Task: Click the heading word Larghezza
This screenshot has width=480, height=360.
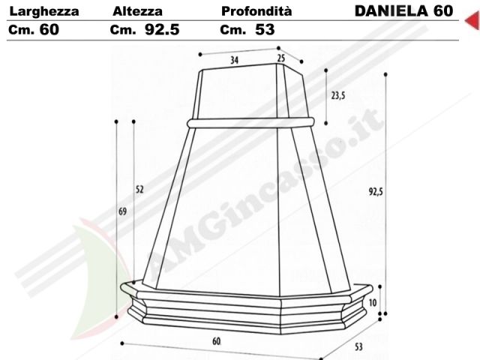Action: pos(44,12)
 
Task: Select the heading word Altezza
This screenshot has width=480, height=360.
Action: pos(137,12)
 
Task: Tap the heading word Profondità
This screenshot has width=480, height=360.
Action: pos(256,11)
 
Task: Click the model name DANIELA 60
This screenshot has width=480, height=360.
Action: pos(403,11)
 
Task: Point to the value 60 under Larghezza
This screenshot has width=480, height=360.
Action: pos(49,30)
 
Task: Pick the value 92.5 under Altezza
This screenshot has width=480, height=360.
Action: pos(162,30)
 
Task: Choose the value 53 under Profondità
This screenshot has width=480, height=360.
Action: pos(265,30)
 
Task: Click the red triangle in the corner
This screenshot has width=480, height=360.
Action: pos(473,20)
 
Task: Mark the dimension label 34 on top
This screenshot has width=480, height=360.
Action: pos(234,60)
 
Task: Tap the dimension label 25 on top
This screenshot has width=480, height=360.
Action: pos(281,58)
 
